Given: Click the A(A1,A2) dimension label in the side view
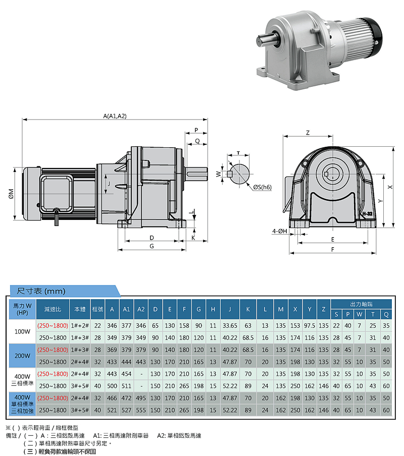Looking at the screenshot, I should [x=115, y=116].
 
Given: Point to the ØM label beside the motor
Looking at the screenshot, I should [x=11, y=194].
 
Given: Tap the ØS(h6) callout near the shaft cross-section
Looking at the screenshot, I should [x=263, y=187].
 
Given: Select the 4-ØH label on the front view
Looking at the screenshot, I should [x=279, y=232].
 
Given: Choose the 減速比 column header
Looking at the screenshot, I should [x=53, y=309].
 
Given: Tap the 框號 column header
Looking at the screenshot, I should [x=97, y=309].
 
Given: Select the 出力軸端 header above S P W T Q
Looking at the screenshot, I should [x=361, y=304].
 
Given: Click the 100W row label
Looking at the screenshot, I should [x=23, y=331].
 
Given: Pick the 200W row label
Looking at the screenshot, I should [x=23, y=356].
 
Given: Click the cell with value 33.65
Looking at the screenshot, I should [x=230, y=325].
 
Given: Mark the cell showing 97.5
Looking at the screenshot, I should [x=309, y=325].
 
